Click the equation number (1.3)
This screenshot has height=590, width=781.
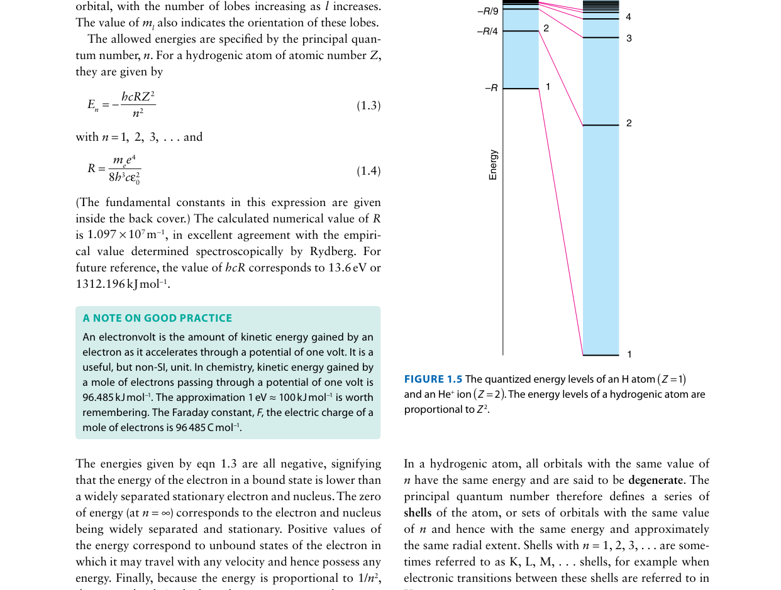coord(368,106)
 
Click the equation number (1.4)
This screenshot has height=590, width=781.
coord(368,171)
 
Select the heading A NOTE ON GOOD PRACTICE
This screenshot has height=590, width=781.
coord(157,318)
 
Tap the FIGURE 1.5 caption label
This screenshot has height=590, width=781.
coord(433,379)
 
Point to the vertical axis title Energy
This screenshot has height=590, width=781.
coord(493,165)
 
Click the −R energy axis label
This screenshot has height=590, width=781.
coord(490,89)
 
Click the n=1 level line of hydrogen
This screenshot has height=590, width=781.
coord(521,89)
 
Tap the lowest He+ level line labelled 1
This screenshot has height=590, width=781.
coord(601,355)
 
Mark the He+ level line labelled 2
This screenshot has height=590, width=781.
coord(601,126)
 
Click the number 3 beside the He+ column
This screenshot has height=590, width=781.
coord(629,38)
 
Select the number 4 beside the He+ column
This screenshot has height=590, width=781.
coord(629,17)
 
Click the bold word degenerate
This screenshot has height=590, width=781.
coord(655,480)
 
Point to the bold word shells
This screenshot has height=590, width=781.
coord(418,513)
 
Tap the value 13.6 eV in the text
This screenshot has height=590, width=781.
coord(343,268)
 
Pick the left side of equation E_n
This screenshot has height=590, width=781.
coord(93,106)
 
